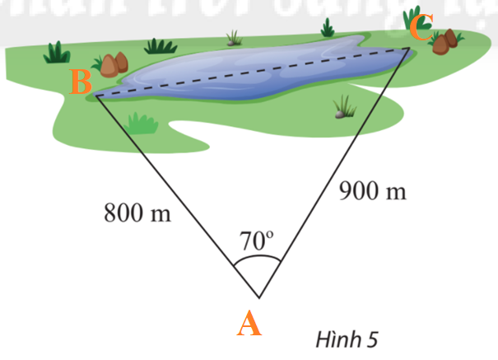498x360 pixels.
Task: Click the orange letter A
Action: click(249, 325)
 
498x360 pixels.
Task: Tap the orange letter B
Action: click(81, 82)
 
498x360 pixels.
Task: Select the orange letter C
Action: click(420, 30)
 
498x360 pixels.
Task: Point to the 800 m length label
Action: click(137, 213)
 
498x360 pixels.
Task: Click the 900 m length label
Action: click(373, 192)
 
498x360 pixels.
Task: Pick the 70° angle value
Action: click(256, 241)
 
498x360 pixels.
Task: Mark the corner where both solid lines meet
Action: click(259, 297)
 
